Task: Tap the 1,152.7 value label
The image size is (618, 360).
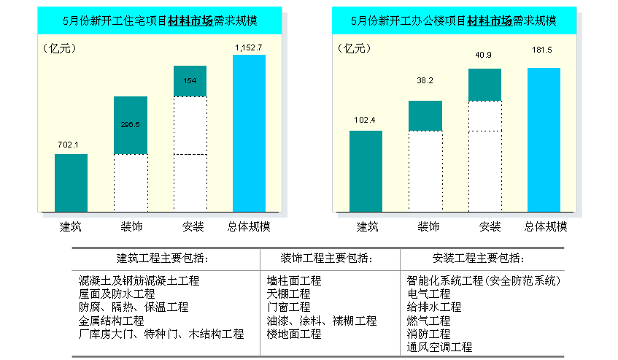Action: point(249,47)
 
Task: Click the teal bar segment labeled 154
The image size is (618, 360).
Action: point(190,81)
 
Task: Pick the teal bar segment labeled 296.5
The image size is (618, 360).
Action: point(131,125)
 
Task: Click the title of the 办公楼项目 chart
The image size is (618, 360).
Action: point(452,21)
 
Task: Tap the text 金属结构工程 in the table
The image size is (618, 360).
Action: point(112,321)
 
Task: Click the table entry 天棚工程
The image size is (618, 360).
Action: point(288,294)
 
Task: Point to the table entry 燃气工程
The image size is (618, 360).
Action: point(428,321)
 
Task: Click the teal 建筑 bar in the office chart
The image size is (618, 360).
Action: point(366,172)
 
